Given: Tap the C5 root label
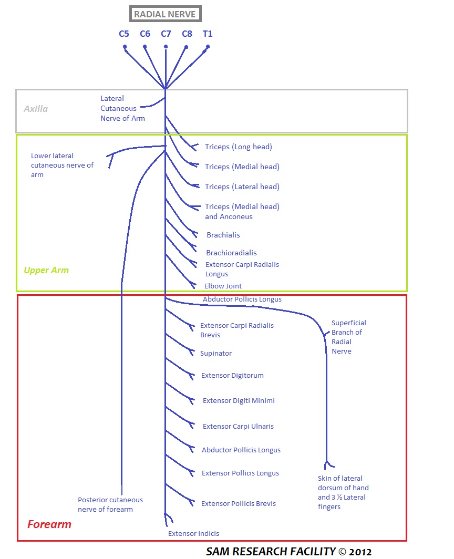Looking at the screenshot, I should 124,34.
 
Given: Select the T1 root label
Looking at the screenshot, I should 208,34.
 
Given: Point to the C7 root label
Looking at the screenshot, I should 166,34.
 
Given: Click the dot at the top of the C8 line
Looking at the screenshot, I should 186,48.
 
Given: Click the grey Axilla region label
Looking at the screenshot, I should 36,109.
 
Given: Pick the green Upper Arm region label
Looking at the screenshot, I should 46,271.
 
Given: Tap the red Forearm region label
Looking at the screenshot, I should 49,524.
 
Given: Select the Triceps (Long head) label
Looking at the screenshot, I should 239,147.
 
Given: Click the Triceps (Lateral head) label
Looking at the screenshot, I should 242,187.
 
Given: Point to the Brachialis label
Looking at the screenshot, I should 223,235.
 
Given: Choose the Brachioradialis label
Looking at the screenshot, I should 231,253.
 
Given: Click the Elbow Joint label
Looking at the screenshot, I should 223,286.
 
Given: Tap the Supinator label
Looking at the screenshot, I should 216,354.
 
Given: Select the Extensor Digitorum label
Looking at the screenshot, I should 232,376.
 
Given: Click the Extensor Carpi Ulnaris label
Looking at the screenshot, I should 238,427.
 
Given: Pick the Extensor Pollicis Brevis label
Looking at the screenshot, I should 239,504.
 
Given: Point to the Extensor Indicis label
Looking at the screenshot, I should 193,534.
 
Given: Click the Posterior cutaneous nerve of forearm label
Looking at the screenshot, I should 110,504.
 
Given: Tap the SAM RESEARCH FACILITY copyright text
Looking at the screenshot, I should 288,552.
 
